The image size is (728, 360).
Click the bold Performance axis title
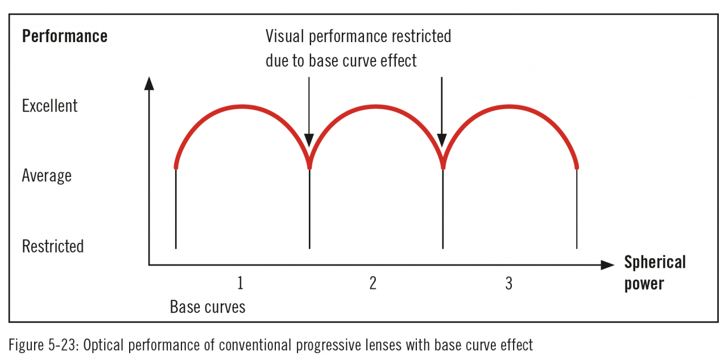click(x=64, y=36)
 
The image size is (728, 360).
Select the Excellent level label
click(x=49, y=106)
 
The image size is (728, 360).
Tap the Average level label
click(x=47, y=176)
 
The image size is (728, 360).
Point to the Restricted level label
click(x=52, y=246)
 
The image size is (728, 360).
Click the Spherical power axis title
click(x=655, y=272)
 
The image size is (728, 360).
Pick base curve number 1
click(x=241, y=283)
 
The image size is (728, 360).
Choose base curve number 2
click(x=373, y=283)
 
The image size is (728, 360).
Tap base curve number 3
click(x=508, y=283)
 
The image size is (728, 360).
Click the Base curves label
click(x=208, y=307)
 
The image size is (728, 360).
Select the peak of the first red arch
click(x=242, y=106)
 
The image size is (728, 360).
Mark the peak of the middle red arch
click(x=375, y=106)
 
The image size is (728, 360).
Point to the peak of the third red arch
click(x=510, y=106)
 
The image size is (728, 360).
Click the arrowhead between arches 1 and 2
click(x=309, y=140)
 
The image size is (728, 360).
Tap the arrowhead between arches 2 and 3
click(x=442, y=140)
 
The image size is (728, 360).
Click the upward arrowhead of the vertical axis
click(x=149, y=83)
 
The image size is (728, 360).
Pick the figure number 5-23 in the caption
click(x=63, y=345)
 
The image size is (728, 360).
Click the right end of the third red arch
click(x=577, y=167)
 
